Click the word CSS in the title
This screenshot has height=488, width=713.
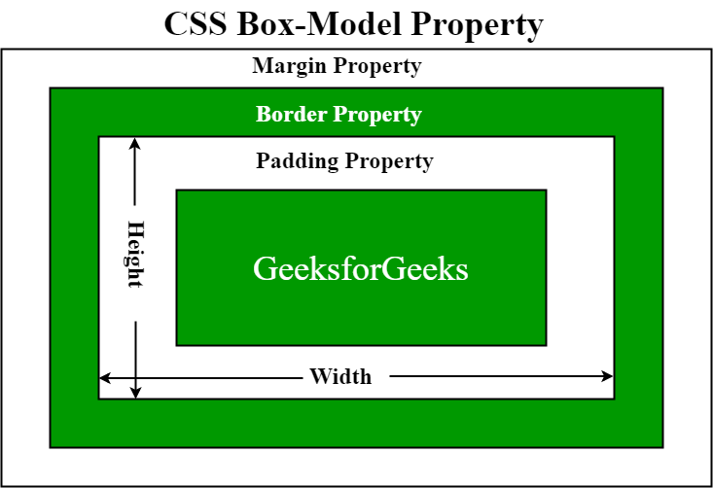click(x=196, y=23)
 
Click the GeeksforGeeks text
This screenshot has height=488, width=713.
click(x=361, y=268)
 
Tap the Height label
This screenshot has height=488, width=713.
click(x=135, y=255)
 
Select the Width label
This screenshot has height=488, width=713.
click(x=340, y=376)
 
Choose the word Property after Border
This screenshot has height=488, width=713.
click(x=377, y=115)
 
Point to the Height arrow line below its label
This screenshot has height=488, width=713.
click(x=136, y=350)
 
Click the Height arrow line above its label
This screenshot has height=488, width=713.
click(x=136, y=180)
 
